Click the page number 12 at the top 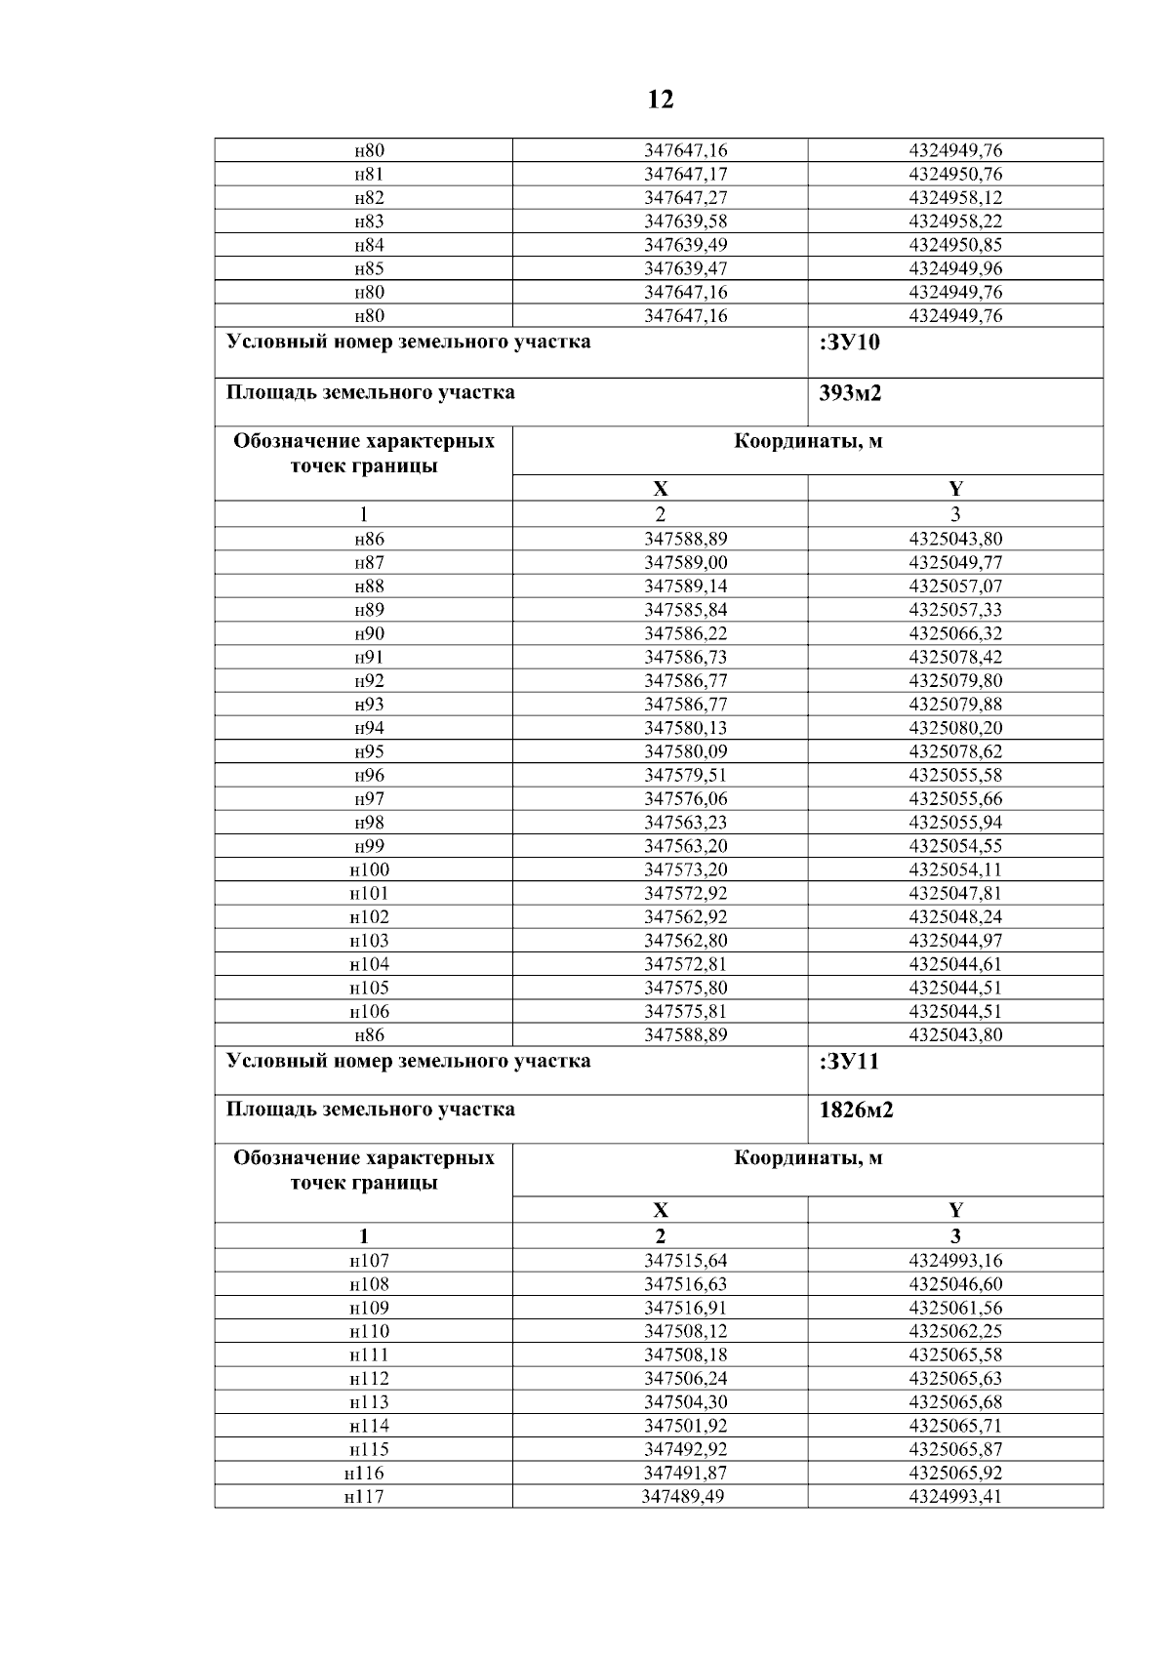click(x=660, y=100)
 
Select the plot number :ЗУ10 click(x=850, y=343)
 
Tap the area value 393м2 click(x=850, y=393)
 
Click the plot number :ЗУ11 click(x=850, y=1062)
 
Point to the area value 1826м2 click(x=857, y=1111)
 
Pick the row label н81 click(x=369, y=175)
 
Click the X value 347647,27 click(x=685, y=198)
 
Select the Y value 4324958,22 click(x=954, y=222)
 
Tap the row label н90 click(x=369, y=633)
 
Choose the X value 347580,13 click(x=685, y=728)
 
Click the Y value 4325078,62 click(x=954, y=751)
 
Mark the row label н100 click(x=369, y=869)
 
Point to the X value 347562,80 click(x=685, y=941)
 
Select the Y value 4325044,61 click(x=954, y=964)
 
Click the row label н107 click(x=369, y=1261)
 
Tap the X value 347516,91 click(x=685, y=1308)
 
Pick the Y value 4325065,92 click(x=954, y=1473)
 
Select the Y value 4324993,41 click(x=954, y=1497)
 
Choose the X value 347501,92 click(x=685, y=1426)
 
